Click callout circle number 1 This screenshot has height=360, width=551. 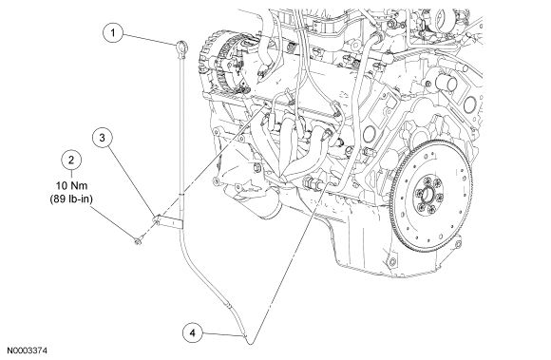point(113,33)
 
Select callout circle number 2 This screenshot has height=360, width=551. point(71,161)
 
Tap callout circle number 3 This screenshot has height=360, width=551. point(103,138)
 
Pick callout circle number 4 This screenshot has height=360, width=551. point(193,332)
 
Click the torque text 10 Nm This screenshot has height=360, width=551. point(71,185)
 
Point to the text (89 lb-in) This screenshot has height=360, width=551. point(71,199)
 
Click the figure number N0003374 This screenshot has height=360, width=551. point(28,351)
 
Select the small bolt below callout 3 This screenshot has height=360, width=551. point(138,240)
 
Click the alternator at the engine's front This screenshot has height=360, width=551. point(225,65)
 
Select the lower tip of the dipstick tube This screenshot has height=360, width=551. point(250,342)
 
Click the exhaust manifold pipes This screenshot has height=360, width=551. point(298,144)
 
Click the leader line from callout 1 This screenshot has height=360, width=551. point(150,39)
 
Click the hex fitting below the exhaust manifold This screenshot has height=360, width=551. point(313,183)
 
